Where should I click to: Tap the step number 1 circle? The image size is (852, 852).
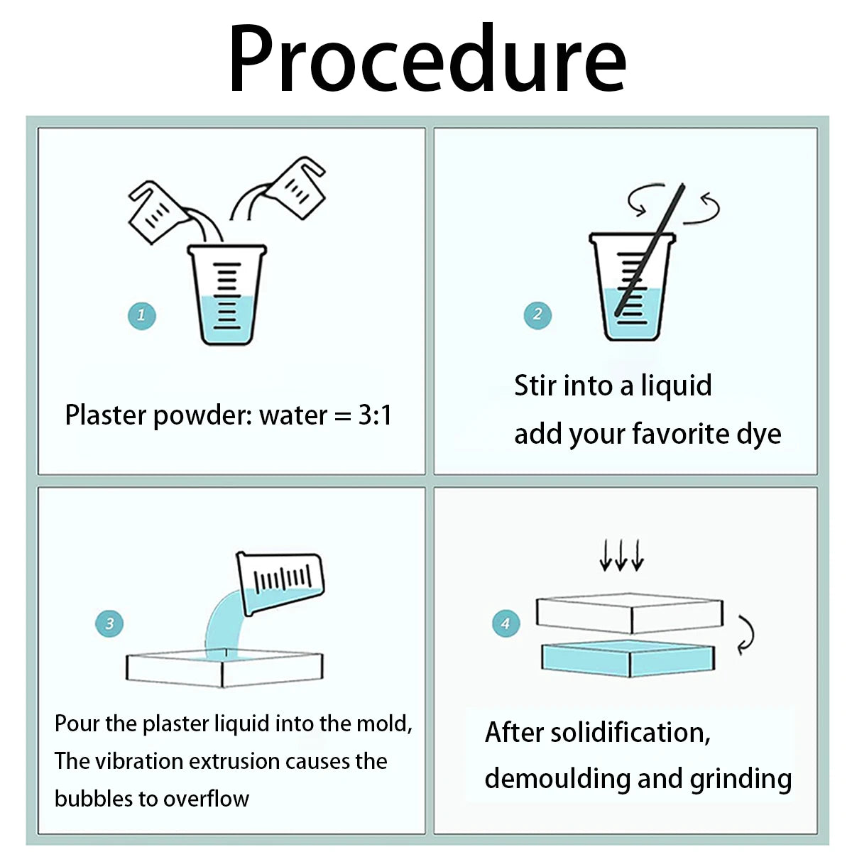[141, 316]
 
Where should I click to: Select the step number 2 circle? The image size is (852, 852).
[537, 315]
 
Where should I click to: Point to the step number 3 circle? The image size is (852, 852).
[109, 623]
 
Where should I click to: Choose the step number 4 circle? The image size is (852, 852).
[506, 623]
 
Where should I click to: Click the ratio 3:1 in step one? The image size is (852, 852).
[375, 415]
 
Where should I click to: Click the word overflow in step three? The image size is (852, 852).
[206, 799]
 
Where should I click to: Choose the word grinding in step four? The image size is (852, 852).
[741, 780]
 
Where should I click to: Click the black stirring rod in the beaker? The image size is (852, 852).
[650, 249]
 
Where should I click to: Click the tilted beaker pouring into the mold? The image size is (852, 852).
[280, 583]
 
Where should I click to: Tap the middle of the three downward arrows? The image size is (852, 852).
[621, 555]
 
